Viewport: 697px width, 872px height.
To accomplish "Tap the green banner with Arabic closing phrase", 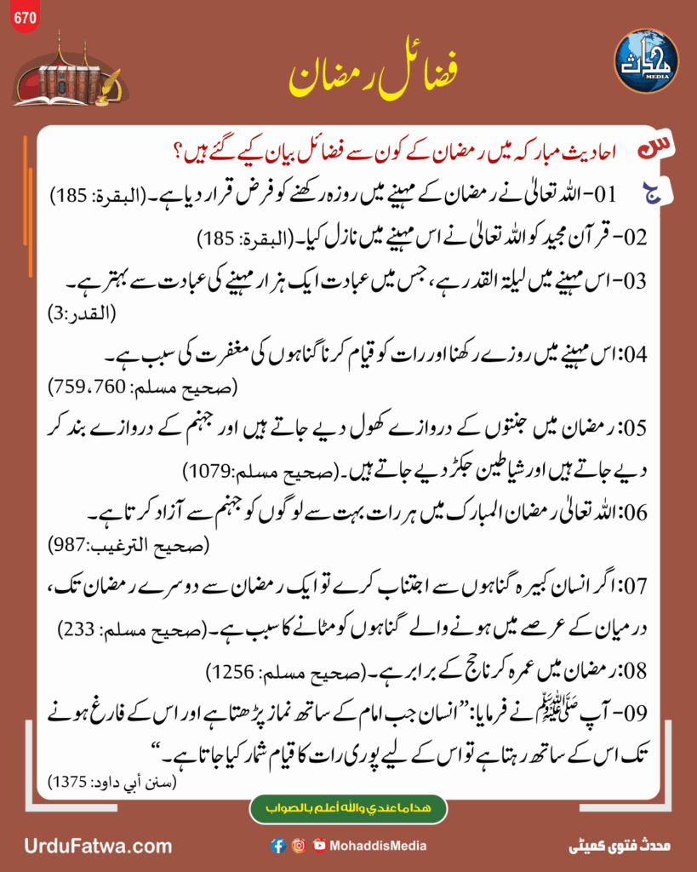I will coord(348,809).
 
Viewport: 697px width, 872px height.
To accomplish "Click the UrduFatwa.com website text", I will coord(98,846).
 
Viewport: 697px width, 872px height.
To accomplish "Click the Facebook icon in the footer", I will coord(277,846).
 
